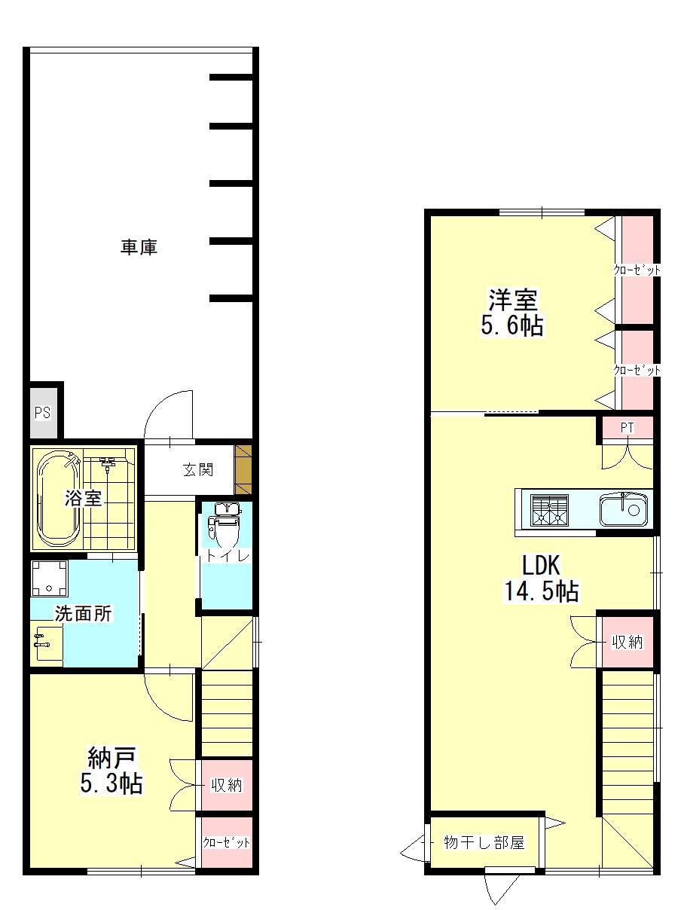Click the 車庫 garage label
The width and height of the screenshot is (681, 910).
pos(139,248)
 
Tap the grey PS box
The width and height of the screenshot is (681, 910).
pos(43,413)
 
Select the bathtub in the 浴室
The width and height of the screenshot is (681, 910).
pos(58,499)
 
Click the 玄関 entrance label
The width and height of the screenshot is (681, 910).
pos(197,470)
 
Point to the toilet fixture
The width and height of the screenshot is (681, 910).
pos(224,526)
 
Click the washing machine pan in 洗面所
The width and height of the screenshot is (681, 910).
pos(49,578)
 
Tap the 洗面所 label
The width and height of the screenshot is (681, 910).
pos(84,614)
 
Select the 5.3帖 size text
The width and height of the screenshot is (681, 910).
pos(111,783)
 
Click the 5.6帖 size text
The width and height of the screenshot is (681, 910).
pos(512,325)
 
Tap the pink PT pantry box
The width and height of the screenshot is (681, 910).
pos(627,429)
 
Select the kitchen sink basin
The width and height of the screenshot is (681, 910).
pos(623,509)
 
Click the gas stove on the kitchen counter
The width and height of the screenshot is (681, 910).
pos(550,510)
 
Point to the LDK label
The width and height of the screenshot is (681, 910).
pos(541,565)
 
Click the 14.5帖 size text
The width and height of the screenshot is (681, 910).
pos(542,591)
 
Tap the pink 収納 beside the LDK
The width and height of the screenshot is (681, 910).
pos(628,642)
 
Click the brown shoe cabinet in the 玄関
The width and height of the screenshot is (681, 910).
pos(243,470)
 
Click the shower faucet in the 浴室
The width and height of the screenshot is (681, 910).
pos(108,463)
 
